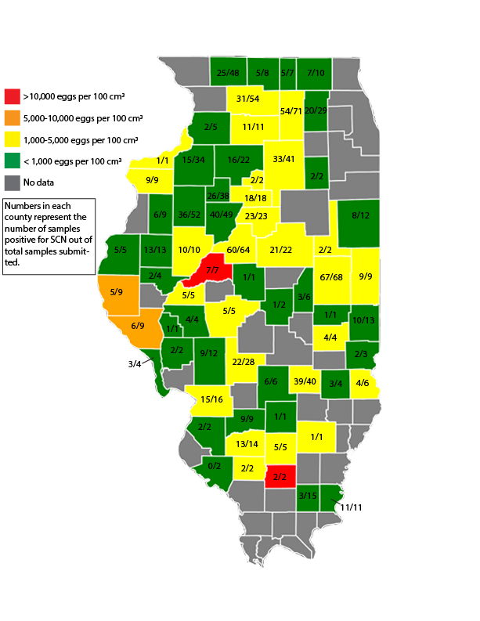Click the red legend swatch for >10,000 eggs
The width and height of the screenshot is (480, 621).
click(x=12, y=96)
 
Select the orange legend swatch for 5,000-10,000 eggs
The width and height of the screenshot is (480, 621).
click(x=12, y=118)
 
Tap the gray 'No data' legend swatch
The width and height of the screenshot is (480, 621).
click(x=12, y=182)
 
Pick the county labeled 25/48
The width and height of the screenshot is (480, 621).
click(x=227, y=73)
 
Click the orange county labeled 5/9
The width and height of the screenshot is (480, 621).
click(x=117, y=292)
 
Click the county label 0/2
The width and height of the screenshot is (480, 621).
click(x=211, y=468)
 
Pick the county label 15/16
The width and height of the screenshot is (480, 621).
click(x=212, y=399)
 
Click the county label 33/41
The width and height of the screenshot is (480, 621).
click(x=283, y=159)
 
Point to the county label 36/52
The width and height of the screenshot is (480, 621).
click(x=188, y=215)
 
